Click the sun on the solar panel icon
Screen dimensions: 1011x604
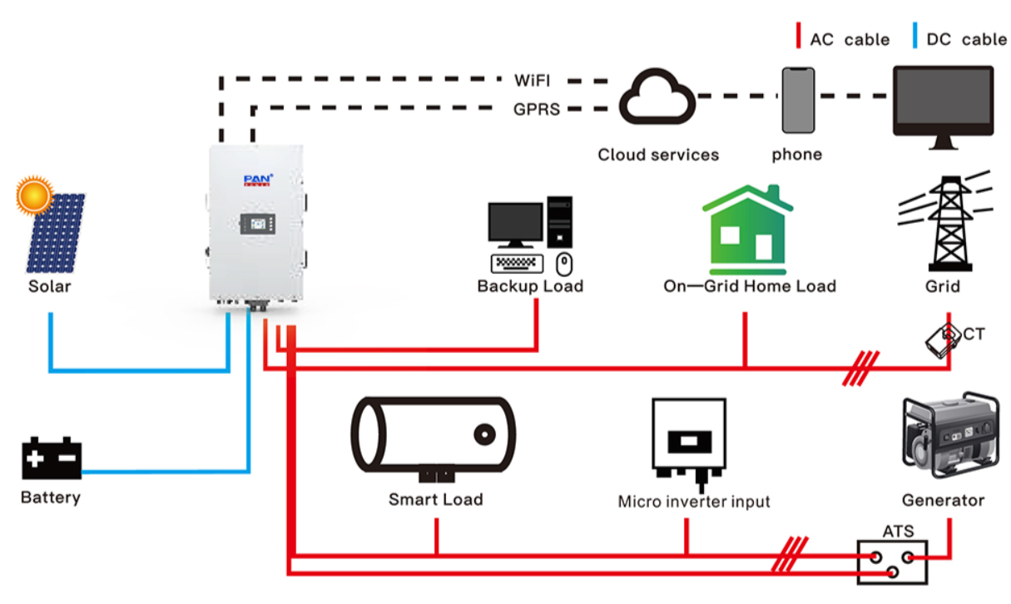click(34, 196)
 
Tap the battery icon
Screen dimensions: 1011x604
click(52, 458)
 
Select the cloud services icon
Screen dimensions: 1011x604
click(657, 97)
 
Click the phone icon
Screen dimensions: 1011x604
click(798, 100)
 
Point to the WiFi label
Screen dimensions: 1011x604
click(533, 81)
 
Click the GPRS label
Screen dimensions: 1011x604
click(537, 109)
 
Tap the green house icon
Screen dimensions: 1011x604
click(748, 230)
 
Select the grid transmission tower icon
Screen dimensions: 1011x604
click(946, 221)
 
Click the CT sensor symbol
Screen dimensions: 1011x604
click(943, 341)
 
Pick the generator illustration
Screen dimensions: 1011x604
click(950, 435)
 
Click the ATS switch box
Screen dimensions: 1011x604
click(892, 562)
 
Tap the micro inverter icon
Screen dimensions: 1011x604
click(689, 443)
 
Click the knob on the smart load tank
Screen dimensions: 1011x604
click(485, 435)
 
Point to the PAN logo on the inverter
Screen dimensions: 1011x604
click(258, 180)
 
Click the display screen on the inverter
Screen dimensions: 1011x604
click(258, 224)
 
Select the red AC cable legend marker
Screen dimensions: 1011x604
click(799, 35)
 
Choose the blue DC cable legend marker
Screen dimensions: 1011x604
click(914, 35)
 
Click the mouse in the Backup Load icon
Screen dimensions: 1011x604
click(564, 264)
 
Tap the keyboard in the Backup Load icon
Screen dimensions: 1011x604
click(517, 264)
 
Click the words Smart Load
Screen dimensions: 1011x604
click(435, 500)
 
